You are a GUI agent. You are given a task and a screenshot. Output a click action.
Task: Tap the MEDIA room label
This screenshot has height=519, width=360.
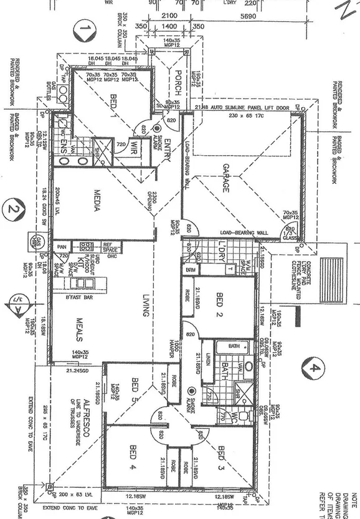97,200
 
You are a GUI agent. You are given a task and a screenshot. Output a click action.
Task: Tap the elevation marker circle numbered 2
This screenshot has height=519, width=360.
12,211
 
